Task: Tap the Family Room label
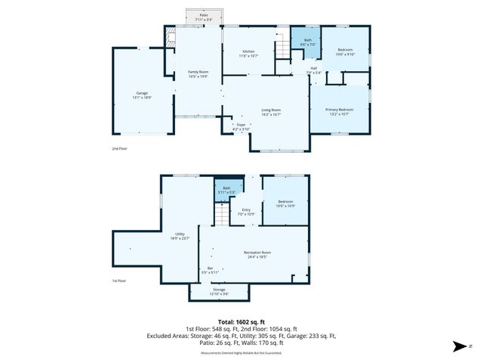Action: (x=198, y=73)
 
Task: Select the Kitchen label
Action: (x=248, y=54)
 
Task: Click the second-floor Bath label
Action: (x=306, y=42)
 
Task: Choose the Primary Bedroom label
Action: (x=339, y=111)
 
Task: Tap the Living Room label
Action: (x=272, y=111)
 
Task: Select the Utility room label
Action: (x=180, y=236)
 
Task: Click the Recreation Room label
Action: (x=257, y=254)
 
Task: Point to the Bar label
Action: (x=211, y=270)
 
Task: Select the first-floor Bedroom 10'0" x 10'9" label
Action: (x=285, y=203)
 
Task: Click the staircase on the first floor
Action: (x=220, y=215)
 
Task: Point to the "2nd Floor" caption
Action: (x=119, y=149)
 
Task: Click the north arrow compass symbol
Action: (x=460, y=347)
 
